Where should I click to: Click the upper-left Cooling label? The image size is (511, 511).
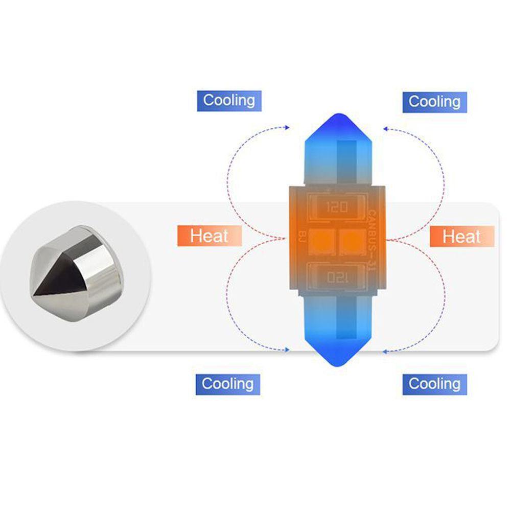tap(229, 100)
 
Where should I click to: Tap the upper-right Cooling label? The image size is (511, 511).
tap(434, 102)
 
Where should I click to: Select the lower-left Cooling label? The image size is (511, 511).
tap(227, 384)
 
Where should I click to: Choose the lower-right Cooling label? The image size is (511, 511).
tap(434, 384)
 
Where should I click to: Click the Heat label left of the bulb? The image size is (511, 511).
tap(209, 236)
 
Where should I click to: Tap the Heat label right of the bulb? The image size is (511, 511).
tap(461, 236)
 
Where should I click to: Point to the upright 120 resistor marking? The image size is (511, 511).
tap(336, 207)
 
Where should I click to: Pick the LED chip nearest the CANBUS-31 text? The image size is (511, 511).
tap(352, 241)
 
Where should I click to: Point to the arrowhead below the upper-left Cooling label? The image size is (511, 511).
tap(288, 127)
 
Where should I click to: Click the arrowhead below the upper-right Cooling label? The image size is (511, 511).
tap(385, 128)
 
